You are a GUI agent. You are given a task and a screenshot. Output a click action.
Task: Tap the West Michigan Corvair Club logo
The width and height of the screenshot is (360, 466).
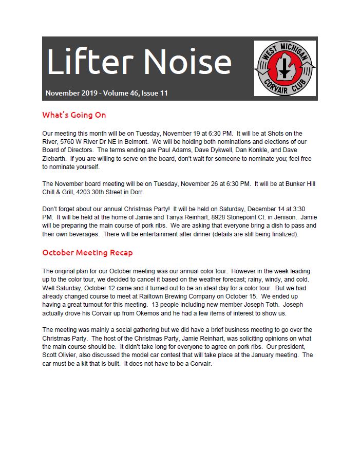[285, 68]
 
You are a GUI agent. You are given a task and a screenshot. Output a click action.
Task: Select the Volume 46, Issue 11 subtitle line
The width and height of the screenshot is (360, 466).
[106, 93]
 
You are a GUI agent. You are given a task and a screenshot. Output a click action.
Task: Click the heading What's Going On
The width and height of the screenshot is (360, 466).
[74, 115]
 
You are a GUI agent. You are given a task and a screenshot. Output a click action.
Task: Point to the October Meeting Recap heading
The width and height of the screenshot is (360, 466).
[87, 252]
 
